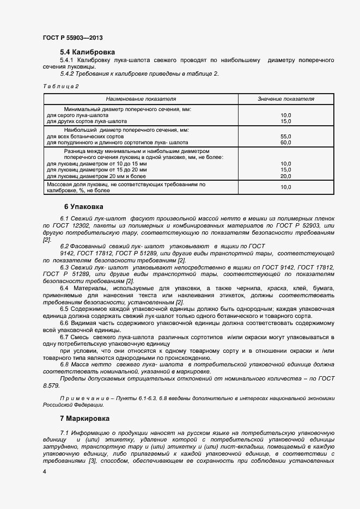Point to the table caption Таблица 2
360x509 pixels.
click(x=60, y=86)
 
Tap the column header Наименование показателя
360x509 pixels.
click(x=141, y=99)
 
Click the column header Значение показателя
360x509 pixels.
click(x=285, y=99)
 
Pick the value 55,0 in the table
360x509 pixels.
click(x=285, y=136)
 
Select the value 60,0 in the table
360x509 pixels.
click(x=285, y=142)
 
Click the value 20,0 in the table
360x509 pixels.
click(x=285, y=176)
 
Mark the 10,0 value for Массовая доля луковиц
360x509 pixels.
click(x=285, y=187)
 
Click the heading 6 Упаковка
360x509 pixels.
click(x=83, y=207)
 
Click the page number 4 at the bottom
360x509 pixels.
click(x=44, y=471)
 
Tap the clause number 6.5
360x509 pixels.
click(x=65, y=309)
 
